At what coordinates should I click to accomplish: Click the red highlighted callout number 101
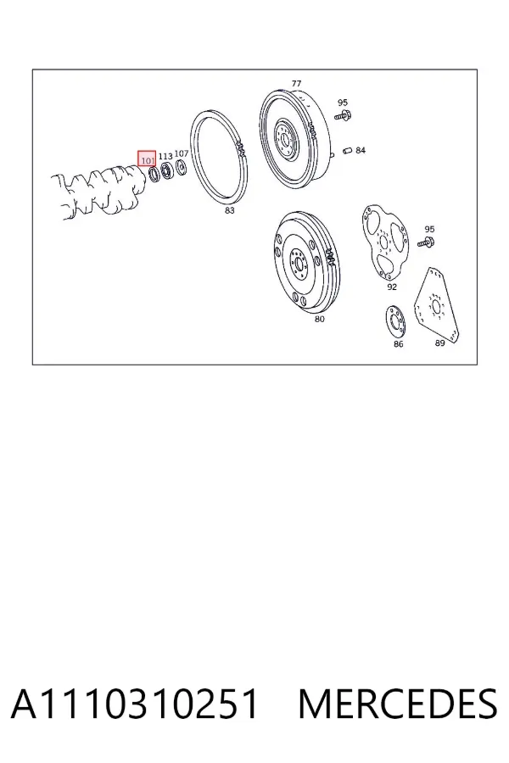147,159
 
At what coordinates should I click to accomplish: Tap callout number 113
165,156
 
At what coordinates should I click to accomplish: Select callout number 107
182,153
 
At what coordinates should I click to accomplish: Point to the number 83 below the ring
229,210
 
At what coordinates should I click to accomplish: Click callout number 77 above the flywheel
296,84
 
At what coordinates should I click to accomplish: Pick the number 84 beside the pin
360,150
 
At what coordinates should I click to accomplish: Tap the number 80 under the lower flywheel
319,320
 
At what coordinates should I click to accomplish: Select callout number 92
392,287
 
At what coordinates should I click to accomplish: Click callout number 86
399,344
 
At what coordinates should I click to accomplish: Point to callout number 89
439,343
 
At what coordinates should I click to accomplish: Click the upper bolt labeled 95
344,116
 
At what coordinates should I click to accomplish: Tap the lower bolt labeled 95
428,242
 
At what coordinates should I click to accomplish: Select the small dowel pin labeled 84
347,150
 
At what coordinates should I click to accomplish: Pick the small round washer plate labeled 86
396,321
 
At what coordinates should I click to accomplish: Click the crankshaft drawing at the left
98,192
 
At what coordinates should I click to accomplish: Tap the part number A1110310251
134,704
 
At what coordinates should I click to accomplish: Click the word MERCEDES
398,704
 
